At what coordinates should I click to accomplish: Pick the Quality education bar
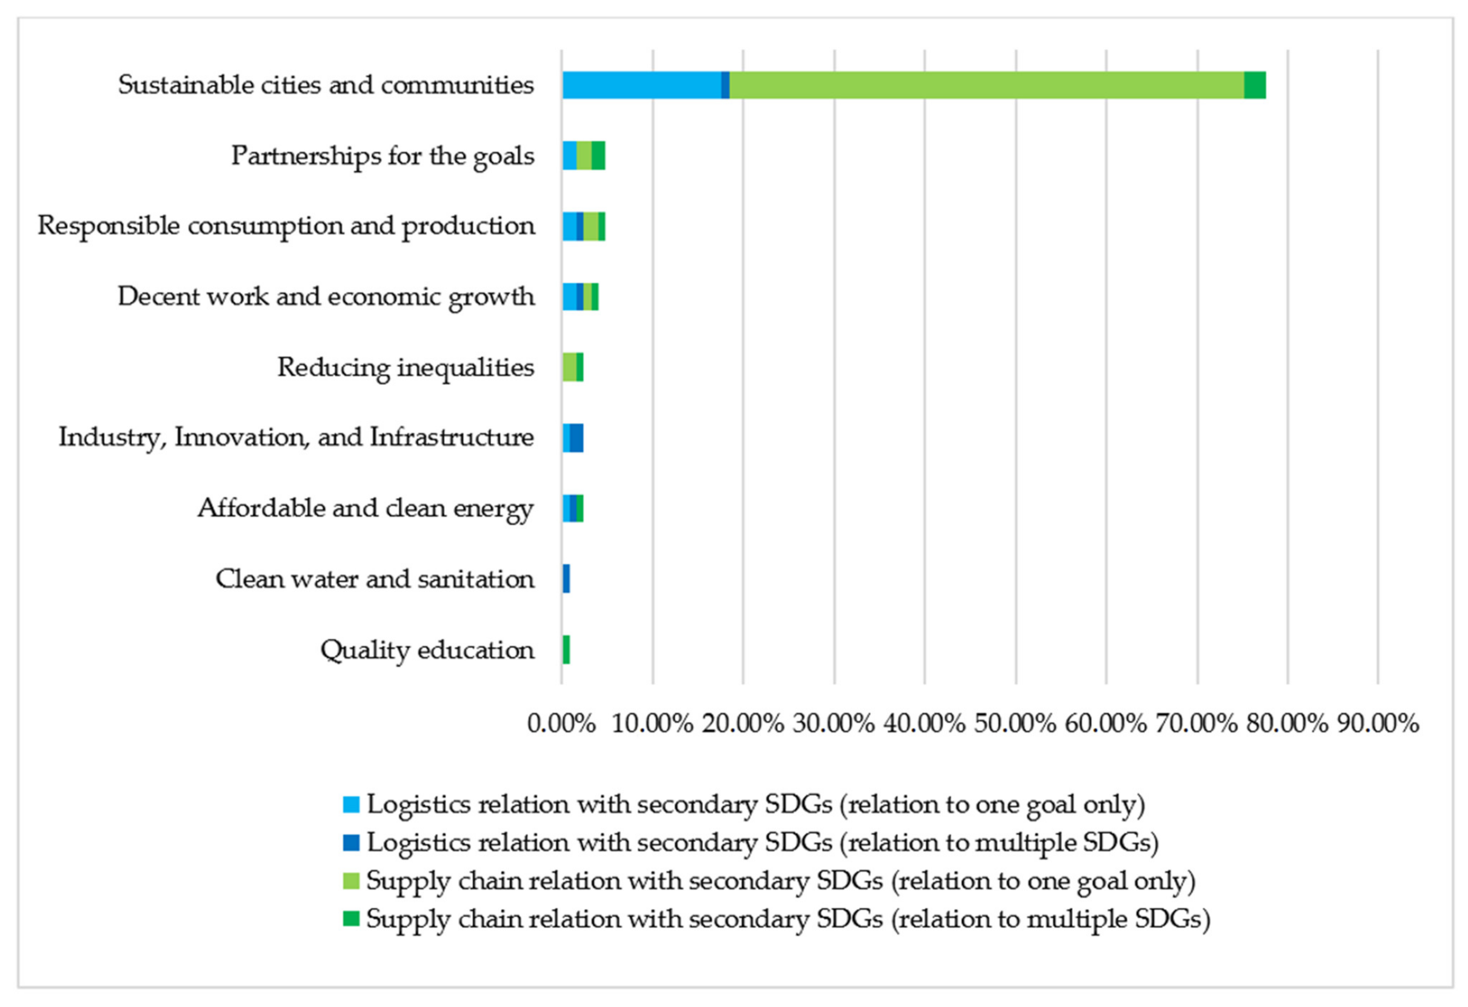click(x=566, y=649)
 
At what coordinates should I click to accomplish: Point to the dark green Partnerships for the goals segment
click(x=598, y=156)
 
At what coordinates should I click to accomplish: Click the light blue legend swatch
click(x=351, y=804)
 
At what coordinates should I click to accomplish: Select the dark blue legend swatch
click(x=351, y=842)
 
